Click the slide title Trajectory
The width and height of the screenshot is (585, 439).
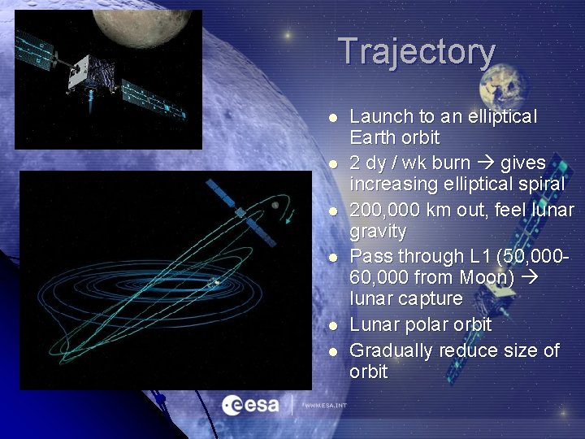tap(416, 51)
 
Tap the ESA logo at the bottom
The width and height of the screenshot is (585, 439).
tap(250, 403)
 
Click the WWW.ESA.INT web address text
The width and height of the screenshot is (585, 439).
tap(325, 404)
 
